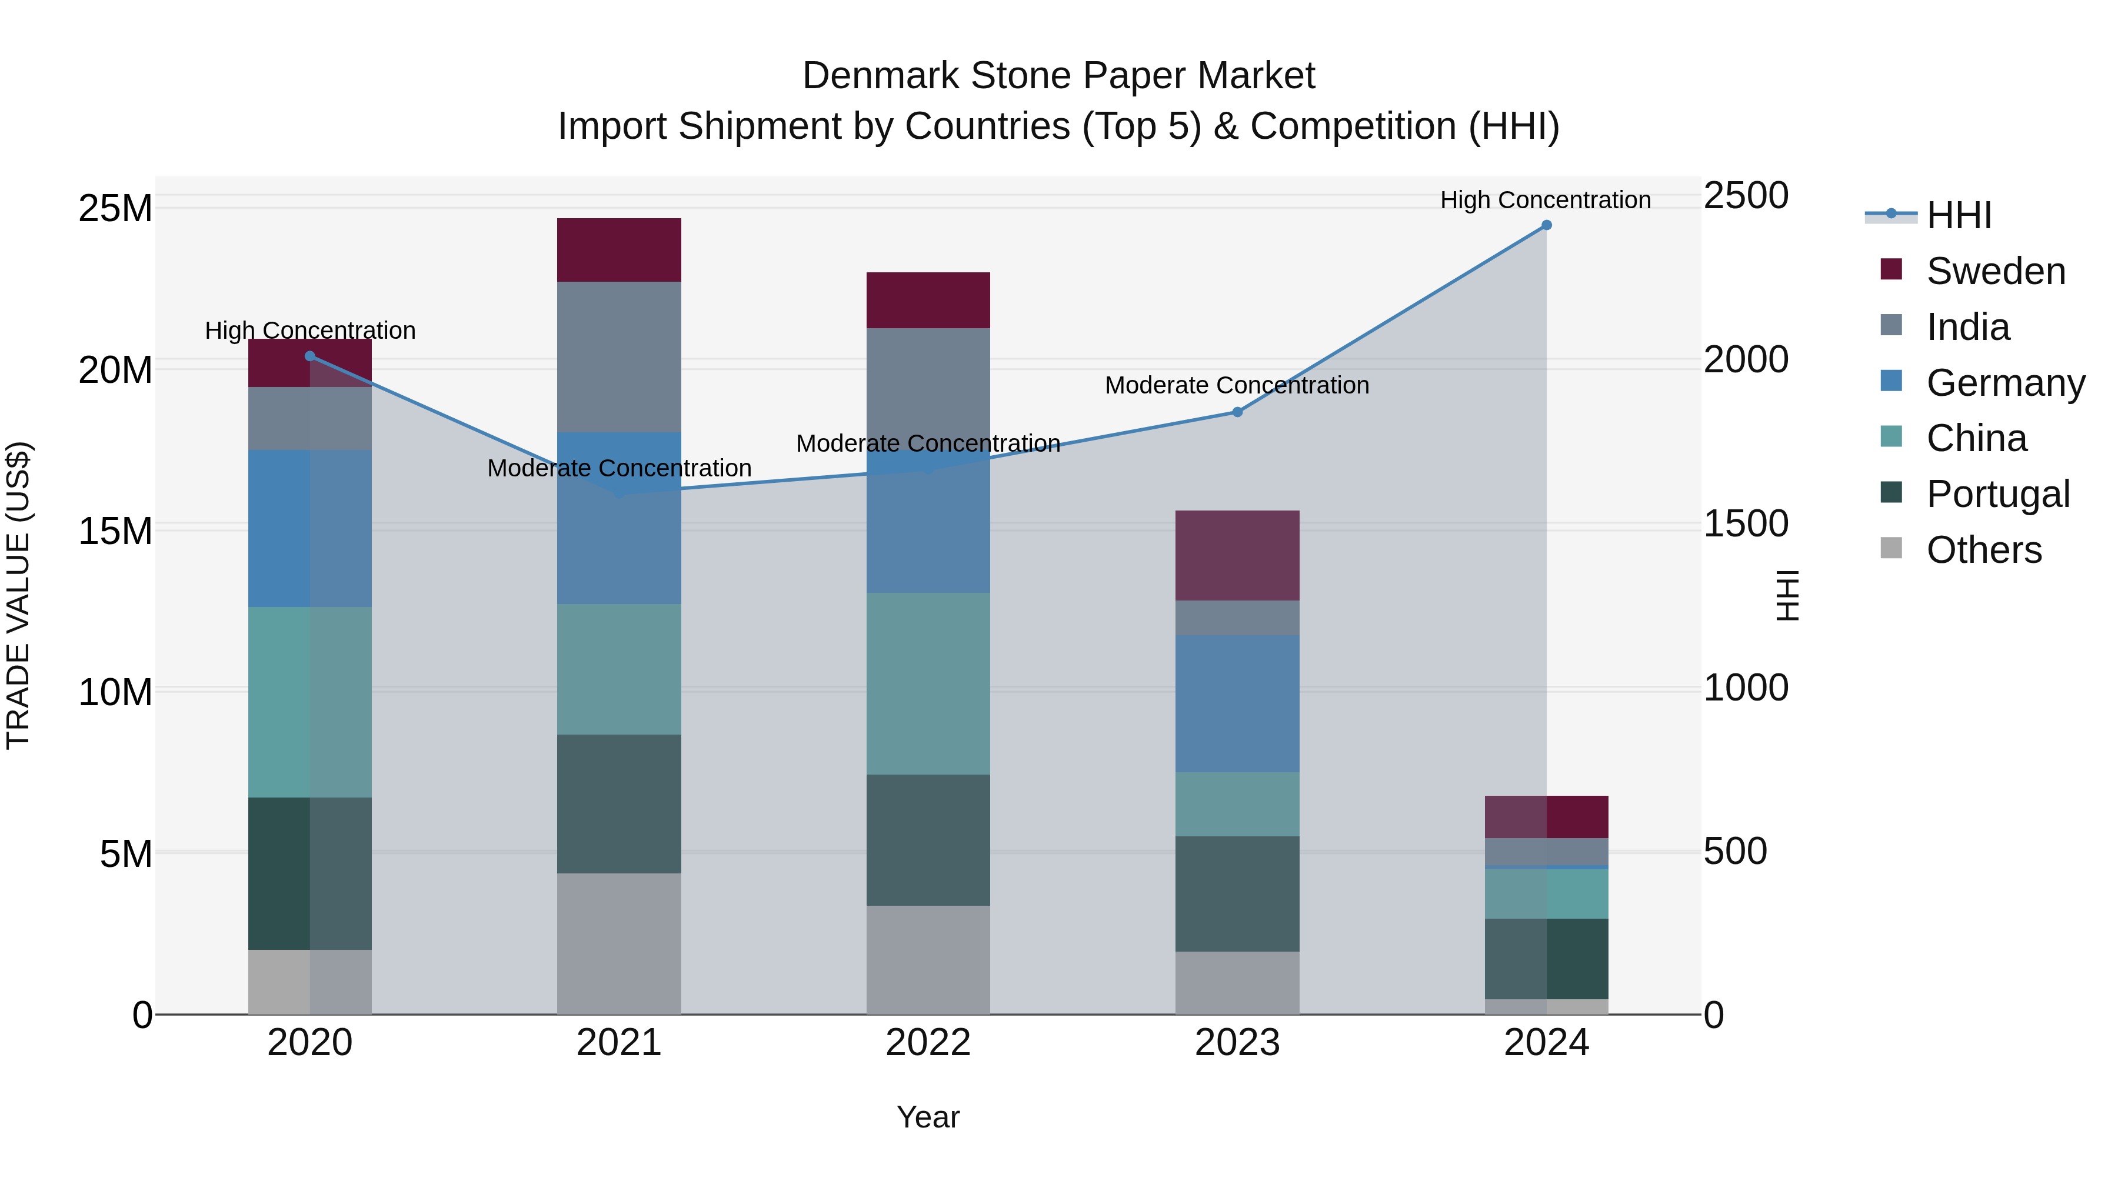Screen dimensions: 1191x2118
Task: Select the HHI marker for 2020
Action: pyautogui.click(x=310, y=356)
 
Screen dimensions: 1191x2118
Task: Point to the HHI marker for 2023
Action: pyautogui.click(x=1237, y=412)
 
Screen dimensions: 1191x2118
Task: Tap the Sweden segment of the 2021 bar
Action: pyautogui.click(x=619, y=250)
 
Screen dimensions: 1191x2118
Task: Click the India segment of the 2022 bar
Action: pyautogui.click(x=928, y=386)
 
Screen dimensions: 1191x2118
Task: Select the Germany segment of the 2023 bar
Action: pyautogui.click(x=1237, y=703)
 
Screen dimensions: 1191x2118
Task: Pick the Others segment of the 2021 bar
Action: pyautogui.click(x=619, y=943)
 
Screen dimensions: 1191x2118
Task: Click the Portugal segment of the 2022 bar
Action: pyautogui.click(x=928, y=839)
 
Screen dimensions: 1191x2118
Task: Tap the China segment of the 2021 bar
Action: pyautogui.click(x=619, y=669)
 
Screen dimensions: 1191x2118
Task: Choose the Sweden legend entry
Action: pyautogui.click(x=1996, y=271)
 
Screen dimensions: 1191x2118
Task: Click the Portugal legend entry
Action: pyautogui.click(x=1997, y=494)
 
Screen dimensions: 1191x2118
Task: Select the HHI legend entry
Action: pyautogui.click(x=1959, y=215)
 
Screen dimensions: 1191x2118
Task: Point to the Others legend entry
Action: pyautogui.click(x=1983, y=550)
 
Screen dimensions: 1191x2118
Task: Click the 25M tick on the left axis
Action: pyautogui.click(x=115, y=209)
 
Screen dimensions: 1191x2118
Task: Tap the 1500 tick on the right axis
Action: pyautogui.click(x=1745, y=523)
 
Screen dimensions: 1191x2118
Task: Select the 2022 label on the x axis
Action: pyautogui.click(x=928, y=1043)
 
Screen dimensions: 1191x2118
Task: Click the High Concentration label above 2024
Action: pyautogui.click(x=1545, y=200)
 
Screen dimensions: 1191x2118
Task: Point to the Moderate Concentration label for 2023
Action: pyautogui.click(x=1237, y=385)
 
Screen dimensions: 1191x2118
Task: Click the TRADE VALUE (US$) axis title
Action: pyautogui.click(x=18, y=595)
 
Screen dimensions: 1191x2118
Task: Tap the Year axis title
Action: pyautogui.click(x=928, y=1117)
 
